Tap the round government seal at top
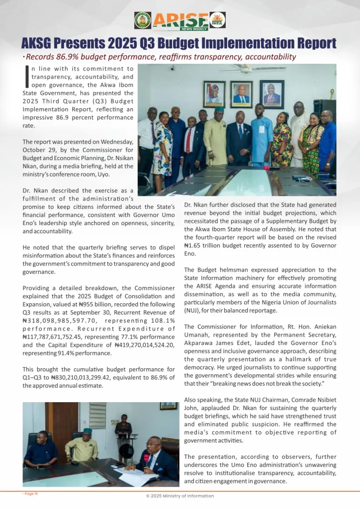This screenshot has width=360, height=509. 142,20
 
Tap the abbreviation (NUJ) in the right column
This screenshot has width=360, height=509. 192,311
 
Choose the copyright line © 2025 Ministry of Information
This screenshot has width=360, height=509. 180,496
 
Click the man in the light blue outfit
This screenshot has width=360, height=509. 262,135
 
